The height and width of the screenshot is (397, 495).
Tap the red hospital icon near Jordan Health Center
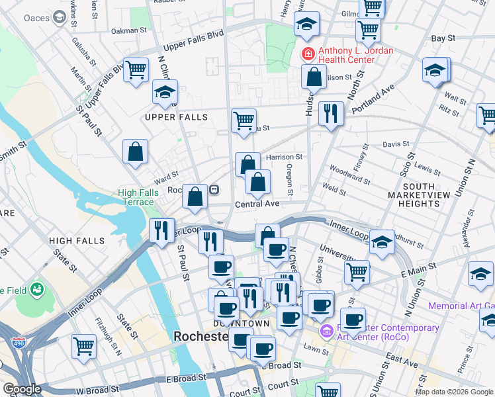pyautogui.click(x=308, y=52)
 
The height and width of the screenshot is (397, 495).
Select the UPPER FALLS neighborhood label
pyautogui.click(x=176, y=117)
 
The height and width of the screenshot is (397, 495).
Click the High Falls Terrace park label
pyautogui.click(x=136, y=197)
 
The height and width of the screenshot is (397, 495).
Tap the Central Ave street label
pyautogui.click(x=257, y=204)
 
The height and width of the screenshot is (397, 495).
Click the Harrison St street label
pyautogui.click(x=284, y=157)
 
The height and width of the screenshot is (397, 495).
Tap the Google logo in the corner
pyautogui.click(x=22, y=388)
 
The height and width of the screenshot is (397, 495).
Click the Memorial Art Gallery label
pyautogui.click(x=461, y=306)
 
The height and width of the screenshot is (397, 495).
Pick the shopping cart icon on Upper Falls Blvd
pyautogui.click(x=136, y=69)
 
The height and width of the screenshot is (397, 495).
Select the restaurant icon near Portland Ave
pyautogui.click(x=330, y=112)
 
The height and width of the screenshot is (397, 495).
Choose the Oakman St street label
pyautogui.click(x=129, y=30)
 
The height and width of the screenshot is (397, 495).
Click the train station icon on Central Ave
pyautogui.click(x=214, y=190)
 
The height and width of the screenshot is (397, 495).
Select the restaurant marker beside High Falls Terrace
pyautogui.click(x=161, y=230)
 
